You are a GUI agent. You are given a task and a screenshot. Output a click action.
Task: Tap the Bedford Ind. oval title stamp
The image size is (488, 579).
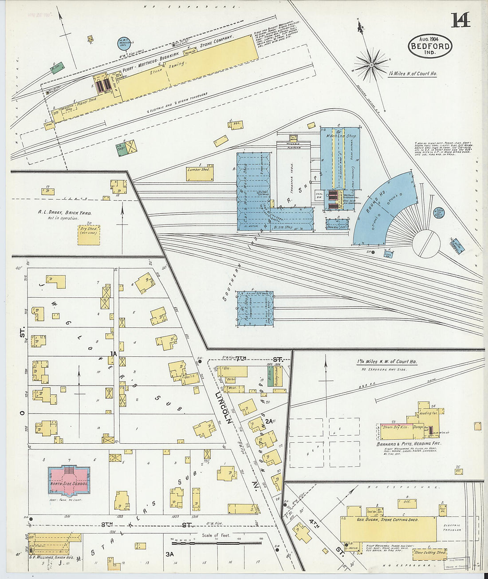point(430,46)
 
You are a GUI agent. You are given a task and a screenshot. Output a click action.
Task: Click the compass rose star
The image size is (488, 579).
point(372,66)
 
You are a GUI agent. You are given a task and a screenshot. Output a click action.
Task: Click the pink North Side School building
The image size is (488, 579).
point(69,481)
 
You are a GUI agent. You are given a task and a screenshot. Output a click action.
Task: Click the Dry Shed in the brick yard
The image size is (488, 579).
point(89,234)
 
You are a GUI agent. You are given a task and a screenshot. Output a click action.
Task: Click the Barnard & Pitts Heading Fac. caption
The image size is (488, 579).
point(409,444)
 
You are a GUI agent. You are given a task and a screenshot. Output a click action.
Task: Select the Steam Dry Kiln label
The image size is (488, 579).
point(394,427)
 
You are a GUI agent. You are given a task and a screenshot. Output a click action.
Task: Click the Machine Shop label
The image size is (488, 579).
point(341,136)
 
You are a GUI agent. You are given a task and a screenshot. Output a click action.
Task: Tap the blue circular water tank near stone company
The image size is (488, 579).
point(123,43)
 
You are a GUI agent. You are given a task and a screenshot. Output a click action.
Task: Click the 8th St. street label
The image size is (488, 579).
point(106,524)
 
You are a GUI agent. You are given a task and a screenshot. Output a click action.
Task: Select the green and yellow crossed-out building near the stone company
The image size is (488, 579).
point(129,147)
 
